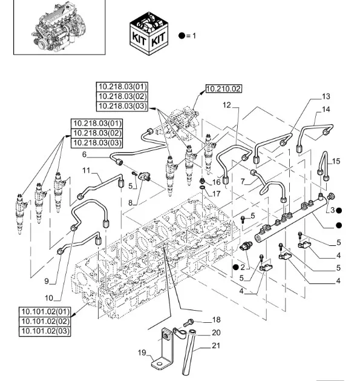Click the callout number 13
pyautogui.click(x=326, y=97)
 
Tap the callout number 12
pyautogui.click(x=227, y=105)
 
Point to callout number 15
pyautogui.click(x=336, y=161)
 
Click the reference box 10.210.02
pyautogui.click(x=223, y=88)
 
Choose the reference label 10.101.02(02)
pyautogui.click(x=45, y=322)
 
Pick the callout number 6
pyautogui.click(x=84, y=154)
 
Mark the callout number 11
pyautogui.click(x=86, y=170)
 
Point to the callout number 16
pyautogui.click(x=216, y=182)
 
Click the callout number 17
pyautogui.click(x=216, y=193)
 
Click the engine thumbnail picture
pyautogui.click(x=50, y=27)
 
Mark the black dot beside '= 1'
pyautogui.click(x=182, y=36)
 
